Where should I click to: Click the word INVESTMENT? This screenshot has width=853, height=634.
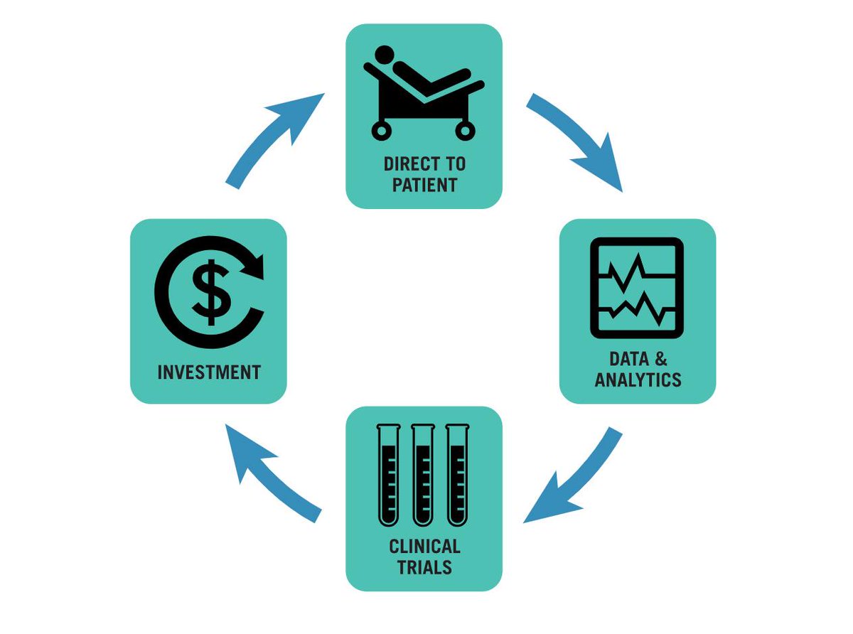(x=209, y=372)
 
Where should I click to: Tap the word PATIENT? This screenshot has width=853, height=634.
(x=424, y=186)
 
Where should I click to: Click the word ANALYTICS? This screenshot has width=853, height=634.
(x=638, y=380)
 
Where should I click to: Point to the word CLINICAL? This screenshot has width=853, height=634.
(x=424, y=547)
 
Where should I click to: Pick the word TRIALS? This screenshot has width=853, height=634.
(x=424, y=567)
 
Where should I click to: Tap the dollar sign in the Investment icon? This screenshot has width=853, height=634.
(x=209, y=291)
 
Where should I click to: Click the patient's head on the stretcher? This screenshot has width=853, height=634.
(x=385, y=54)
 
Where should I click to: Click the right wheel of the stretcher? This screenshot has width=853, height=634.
(x=465, y=130)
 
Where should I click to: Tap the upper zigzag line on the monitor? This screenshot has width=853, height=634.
(x=635, y=274)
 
